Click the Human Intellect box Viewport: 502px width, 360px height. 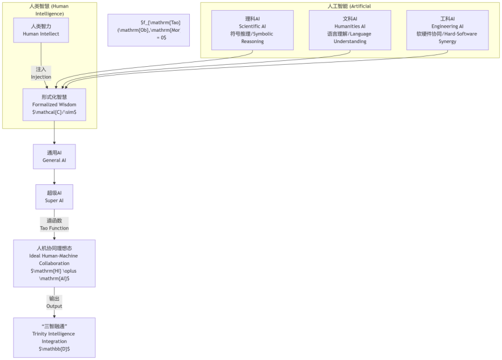41,30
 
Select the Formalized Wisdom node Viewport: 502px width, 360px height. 54,105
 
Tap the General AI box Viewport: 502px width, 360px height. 54,156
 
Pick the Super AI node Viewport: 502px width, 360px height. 54,197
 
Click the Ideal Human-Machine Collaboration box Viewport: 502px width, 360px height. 54,264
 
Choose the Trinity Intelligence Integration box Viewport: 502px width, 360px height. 54,337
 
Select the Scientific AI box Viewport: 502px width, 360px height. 252,30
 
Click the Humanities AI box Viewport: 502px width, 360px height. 349,30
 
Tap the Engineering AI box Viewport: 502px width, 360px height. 447,30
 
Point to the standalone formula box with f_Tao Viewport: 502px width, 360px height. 149,30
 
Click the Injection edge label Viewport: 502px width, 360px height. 41,73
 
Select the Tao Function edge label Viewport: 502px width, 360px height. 54,224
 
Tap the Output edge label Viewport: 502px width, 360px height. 54,302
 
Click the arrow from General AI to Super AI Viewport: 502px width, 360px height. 54,177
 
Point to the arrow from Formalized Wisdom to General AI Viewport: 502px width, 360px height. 54,133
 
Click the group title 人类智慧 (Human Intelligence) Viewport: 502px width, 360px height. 49,10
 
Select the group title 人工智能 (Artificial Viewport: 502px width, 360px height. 349,6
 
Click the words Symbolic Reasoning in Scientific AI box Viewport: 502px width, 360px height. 252,37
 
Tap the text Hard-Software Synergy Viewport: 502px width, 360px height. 447,37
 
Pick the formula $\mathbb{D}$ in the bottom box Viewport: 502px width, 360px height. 54,349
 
